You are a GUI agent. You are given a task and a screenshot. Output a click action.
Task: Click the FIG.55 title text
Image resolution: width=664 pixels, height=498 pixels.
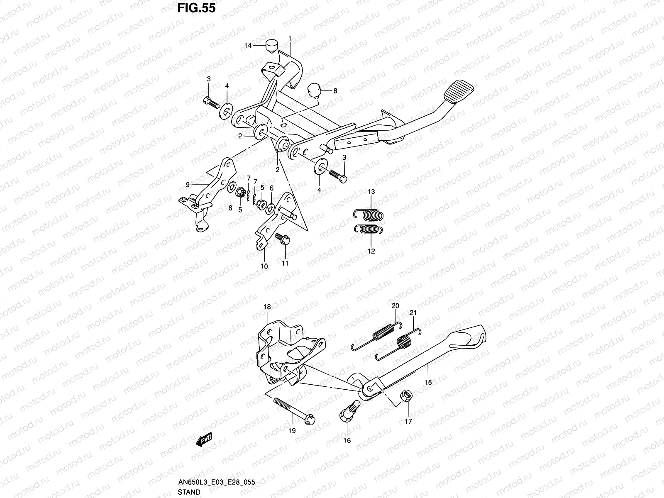[x=196, y=8]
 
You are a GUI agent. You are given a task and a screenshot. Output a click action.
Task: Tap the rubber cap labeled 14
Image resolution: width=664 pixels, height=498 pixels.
[x=272, y=46]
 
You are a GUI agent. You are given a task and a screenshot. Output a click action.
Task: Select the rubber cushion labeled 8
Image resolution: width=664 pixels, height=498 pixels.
[x=314, y=91]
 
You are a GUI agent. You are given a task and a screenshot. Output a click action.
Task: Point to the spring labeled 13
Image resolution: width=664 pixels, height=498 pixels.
[x=369, y=215]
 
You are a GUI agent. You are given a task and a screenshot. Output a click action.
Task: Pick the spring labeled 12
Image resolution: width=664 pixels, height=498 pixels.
[x=369, y=229]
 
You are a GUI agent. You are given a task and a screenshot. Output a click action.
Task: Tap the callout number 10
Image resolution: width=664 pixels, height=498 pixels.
[x=264, y=266]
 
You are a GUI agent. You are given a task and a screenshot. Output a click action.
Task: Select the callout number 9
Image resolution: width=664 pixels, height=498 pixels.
[x=188, y=184]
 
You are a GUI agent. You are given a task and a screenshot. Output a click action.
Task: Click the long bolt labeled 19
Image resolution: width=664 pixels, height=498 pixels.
[x=294, y=411]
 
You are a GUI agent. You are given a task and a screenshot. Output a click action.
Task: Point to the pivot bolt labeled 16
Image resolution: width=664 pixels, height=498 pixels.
[x=350, y=411]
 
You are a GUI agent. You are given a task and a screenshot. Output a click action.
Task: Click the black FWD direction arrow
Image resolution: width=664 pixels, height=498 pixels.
[x=204, y=439]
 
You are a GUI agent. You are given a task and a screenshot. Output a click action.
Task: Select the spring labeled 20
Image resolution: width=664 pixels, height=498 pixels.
[x=376, y=336]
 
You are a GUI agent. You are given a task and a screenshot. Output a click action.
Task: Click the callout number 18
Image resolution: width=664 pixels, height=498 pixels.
[x=267, y=307]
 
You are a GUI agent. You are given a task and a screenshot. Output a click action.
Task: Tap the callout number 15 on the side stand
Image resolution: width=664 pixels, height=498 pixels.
[x=428, y=383]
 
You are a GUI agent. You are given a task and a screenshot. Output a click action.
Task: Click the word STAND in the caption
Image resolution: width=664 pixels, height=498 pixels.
[x=189, y=492]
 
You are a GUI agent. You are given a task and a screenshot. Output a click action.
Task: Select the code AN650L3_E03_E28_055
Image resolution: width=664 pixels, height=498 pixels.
[x=216, y=482]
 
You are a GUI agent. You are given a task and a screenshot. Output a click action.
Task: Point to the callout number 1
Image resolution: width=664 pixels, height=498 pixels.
[x=290, y=39]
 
